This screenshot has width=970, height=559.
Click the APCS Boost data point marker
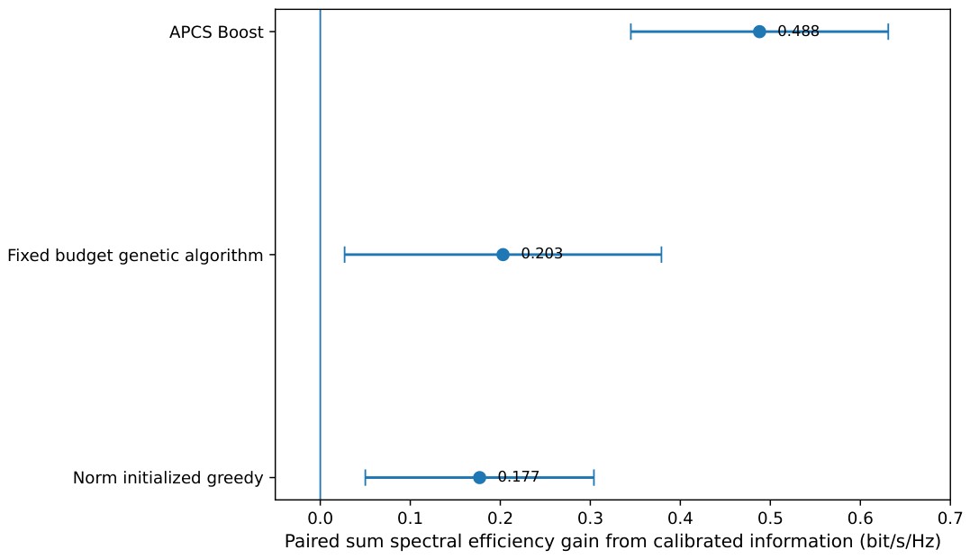pos(759,32)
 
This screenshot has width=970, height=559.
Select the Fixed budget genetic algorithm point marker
pos(503,254)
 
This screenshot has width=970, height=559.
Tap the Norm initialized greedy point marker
pos(479,477)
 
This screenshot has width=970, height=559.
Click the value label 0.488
pos(798,31)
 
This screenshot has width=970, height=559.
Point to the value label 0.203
pos(542,254)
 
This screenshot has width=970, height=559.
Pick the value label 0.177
pos(519,477)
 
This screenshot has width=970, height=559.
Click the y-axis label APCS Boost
pos(216,32)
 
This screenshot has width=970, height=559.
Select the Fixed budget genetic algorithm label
pos(135,256)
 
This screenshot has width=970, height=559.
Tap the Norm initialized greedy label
pos(168,478)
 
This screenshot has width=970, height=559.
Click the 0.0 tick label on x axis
pos(320,517)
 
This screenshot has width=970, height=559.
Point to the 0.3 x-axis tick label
pos(590,517)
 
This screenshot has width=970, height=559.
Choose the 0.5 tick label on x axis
pos(770,517)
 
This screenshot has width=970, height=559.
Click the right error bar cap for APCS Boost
pos(888,32)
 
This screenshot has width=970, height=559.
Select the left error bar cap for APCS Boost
pos(630,32)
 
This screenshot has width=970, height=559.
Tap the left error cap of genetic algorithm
pos(345,254)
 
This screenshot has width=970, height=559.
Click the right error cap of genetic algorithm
pos(661,254)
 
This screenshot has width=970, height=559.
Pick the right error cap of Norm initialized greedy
pos(594,477)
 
